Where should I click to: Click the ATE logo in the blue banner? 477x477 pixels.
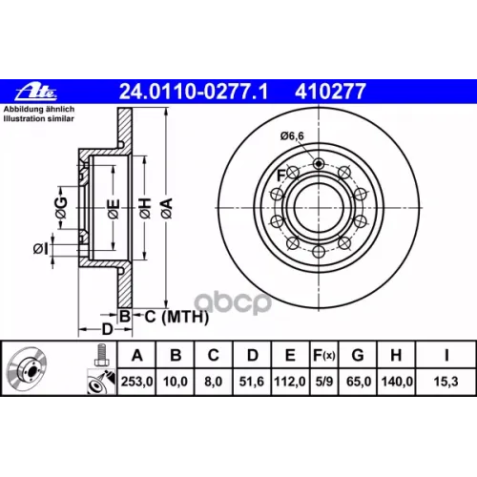[x=36, y=92]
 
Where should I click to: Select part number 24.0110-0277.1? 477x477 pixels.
[x=194, y=92]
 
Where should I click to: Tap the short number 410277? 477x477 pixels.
[x=330, y=92]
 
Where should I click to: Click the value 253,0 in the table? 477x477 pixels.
[x=136, y=382]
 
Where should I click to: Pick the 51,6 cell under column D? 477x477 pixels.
[x=252, y=382]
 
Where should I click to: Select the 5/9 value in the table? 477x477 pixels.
[x=324, y=382]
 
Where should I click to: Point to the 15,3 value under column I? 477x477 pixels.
[x=446, y=382]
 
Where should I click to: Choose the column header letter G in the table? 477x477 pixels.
[x=358, y=355]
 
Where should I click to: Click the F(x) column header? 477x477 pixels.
[x=324, y=355]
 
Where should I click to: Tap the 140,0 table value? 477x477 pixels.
[x=397, y=382]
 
